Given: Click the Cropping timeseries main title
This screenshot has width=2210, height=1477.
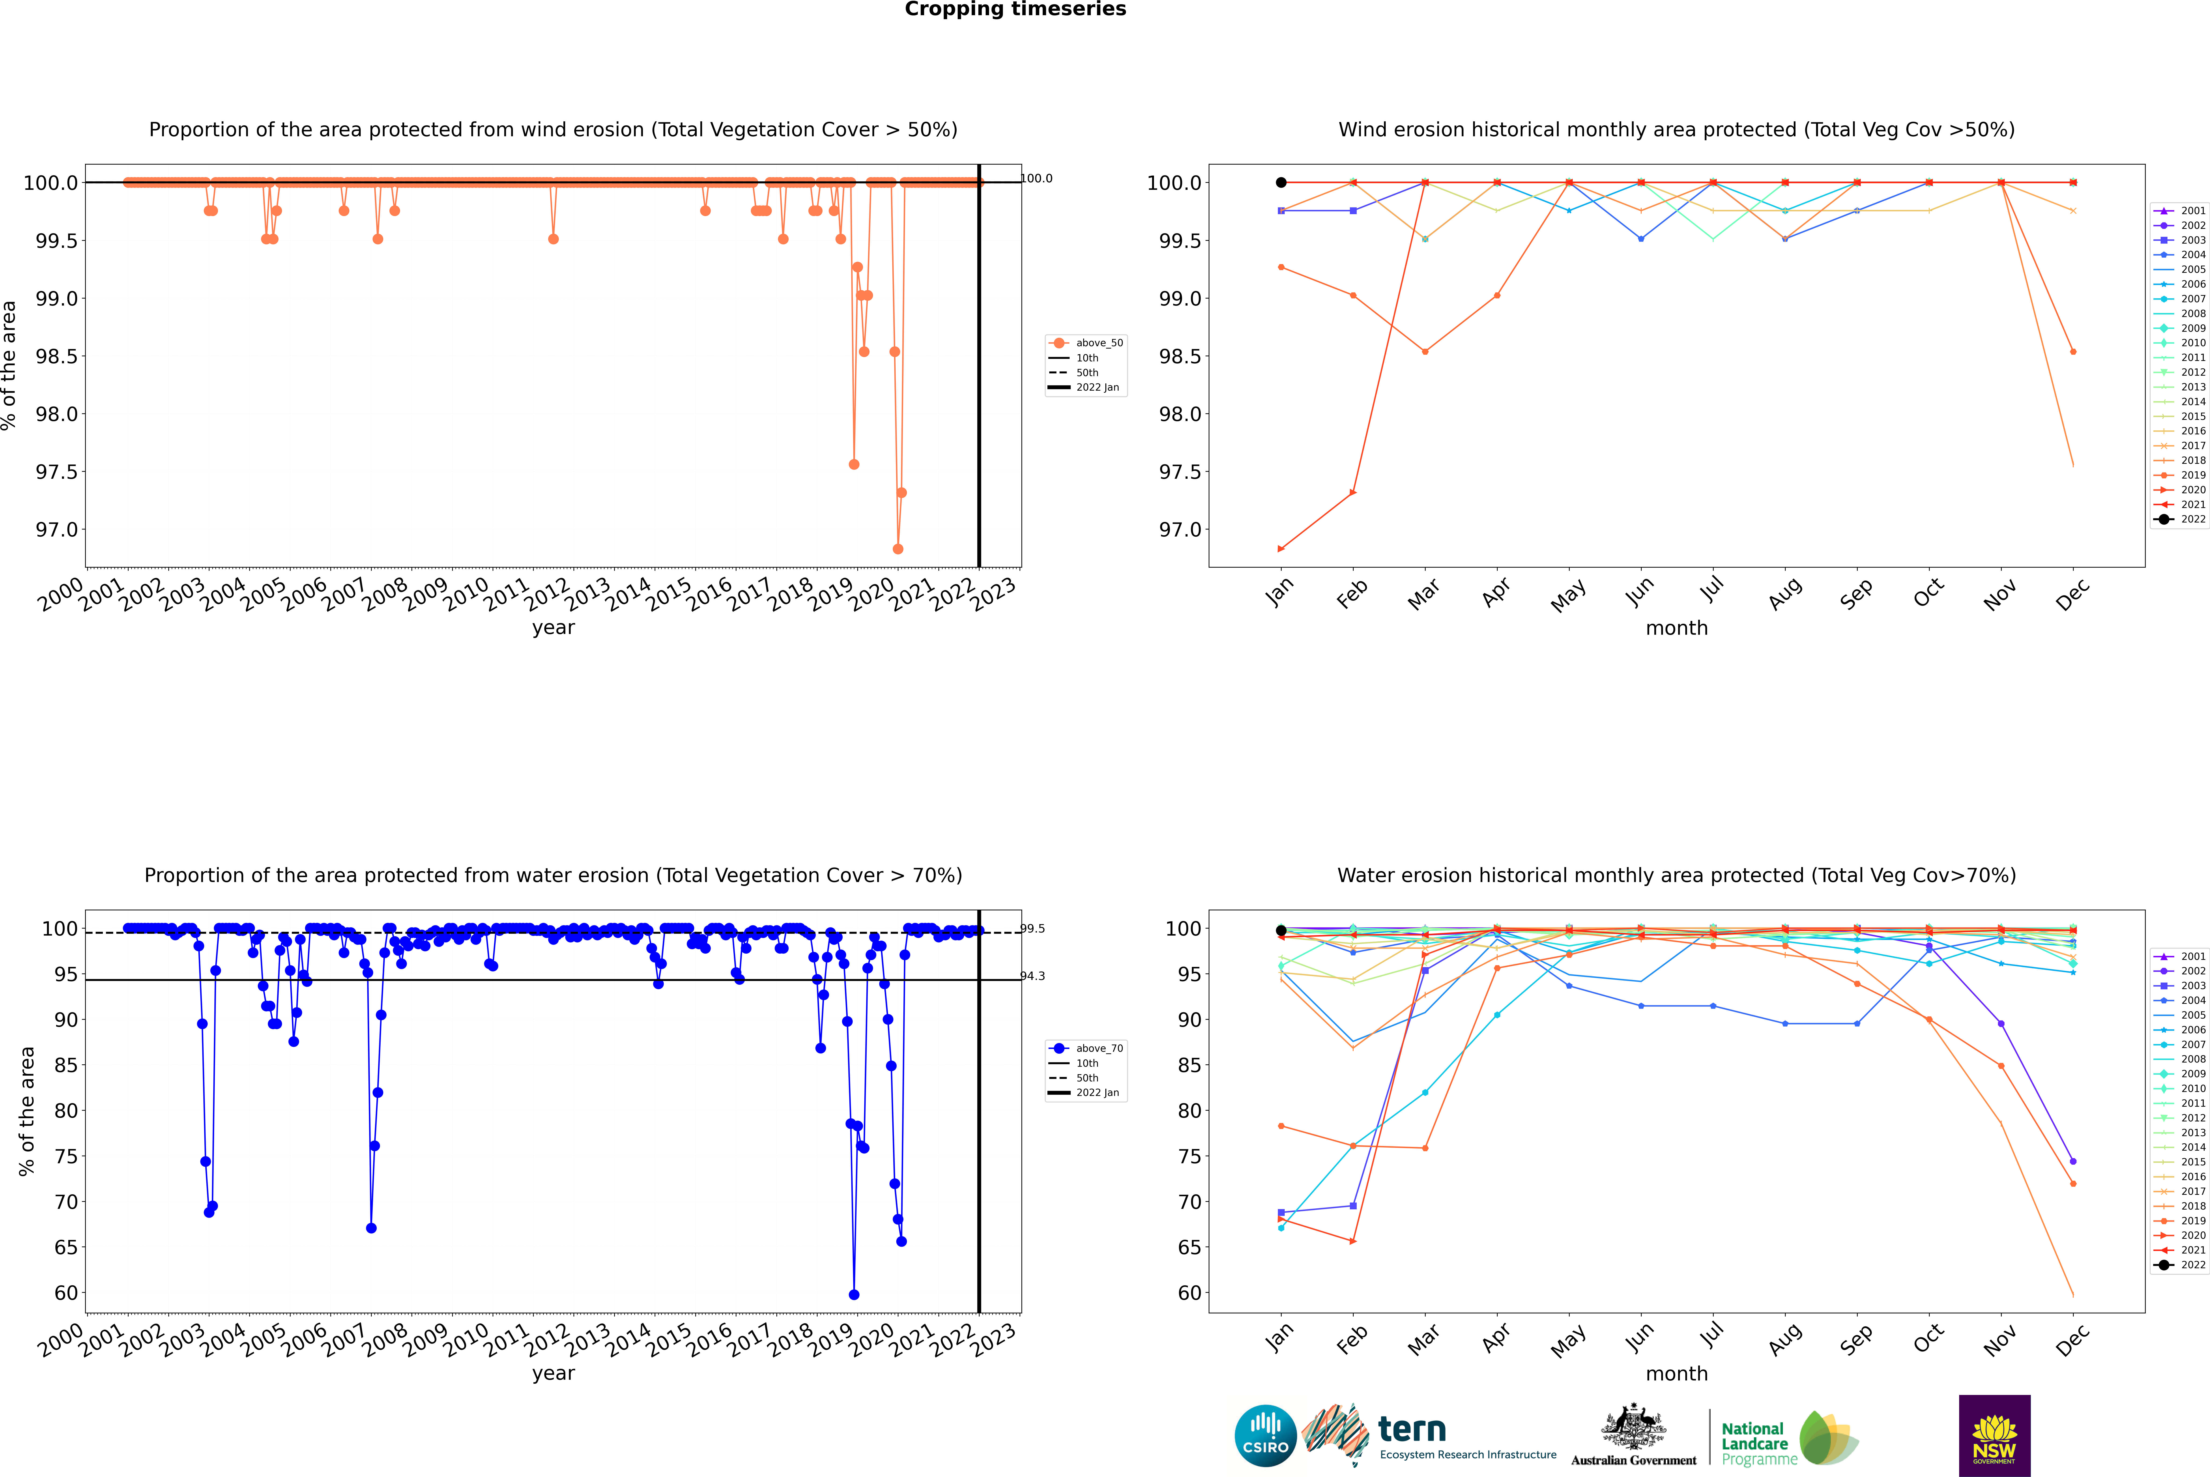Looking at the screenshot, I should [x=1015, y=9].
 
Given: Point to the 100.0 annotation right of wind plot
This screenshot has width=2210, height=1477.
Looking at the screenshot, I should [x=1036, y=178].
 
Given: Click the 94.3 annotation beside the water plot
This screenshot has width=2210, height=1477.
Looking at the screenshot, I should [x=1032, y=976].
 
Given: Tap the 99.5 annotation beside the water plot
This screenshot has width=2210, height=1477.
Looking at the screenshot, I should [x=1032, y=929].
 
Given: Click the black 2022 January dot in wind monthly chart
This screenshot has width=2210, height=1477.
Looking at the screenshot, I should [x=1281, y=183].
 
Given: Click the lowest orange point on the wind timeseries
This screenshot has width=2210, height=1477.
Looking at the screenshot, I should [x=898, y=549].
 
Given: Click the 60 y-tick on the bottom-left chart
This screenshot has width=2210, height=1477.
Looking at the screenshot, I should [x=66, y=1293].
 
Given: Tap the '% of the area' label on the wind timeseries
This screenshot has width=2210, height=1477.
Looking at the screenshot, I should [x=9, y=365].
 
